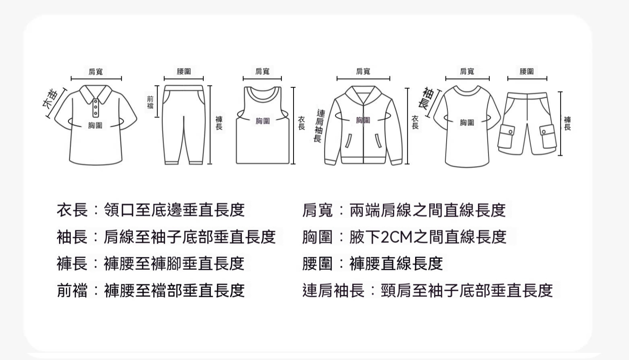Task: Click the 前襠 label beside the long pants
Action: tap(150, 102)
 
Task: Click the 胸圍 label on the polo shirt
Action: tap(95, 125)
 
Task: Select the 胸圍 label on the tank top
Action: tap(263, 121)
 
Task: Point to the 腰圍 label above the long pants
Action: tap(184, 71)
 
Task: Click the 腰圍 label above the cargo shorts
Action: tap(527, 71)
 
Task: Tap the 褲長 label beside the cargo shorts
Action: tap(567, 123)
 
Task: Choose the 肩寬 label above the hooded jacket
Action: tap(363, 71)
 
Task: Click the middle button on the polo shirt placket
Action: tap(96, 107)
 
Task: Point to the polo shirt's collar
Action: tap(96, 94)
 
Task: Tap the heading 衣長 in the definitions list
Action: tap(72, 210)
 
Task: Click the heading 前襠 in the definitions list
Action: tap(72, 290)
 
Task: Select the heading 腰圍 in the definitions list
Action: tap(317, 263)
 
